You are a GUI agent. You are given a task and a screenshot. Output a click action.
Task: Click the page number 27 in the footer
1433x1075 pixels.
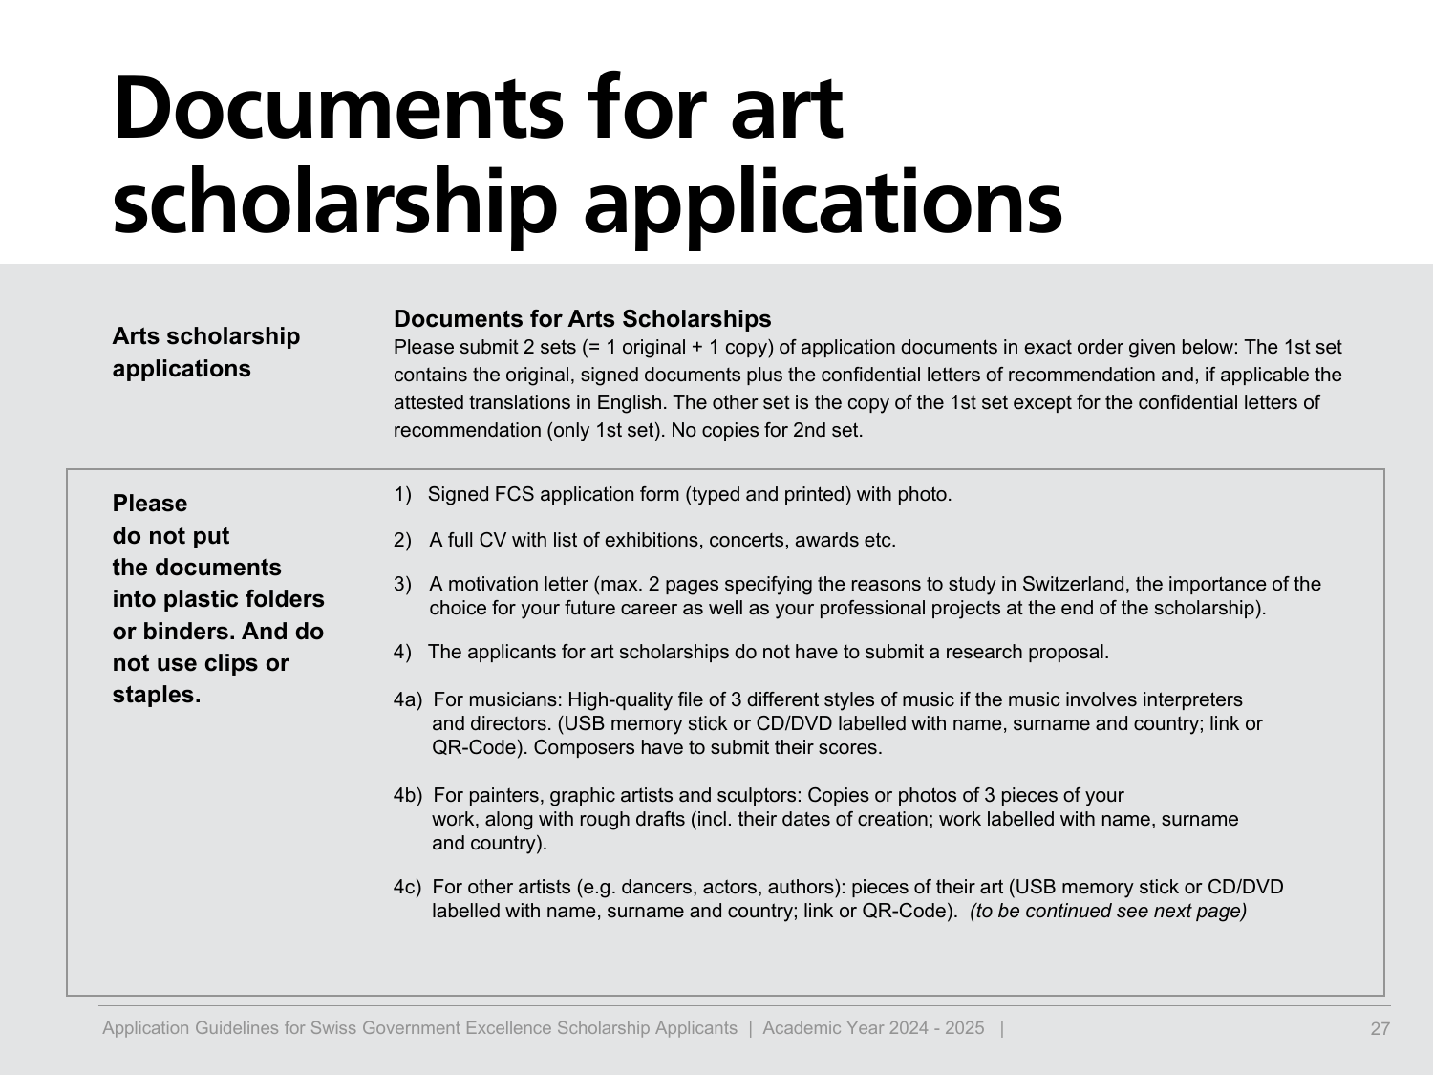1380,1029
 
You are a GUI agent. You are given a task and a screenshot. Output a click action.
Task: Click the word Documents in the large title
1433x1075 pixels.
337,108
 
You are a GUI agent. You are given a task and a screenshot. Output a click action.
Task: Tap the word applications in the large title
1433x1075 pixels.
823,203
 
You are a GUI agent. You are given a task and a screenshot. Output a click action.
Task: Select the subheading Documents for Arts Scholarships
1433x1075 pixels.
582,319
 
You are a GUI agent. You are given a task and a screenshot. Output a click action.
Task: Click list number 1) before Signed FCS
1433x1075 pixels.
402,495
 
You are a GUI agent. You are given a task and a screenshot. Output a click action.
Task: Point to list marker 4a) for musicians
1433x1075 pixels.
407,700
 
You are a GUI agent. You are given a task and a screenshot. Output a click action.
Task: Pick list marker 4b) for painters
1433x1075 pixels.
407,796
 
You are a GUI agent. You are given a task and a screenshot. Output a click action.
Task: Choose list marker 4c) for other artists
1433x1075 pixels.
407,888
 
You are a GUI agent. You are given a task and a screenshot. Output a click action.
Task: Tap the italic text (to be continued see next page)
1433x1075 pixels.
1108,912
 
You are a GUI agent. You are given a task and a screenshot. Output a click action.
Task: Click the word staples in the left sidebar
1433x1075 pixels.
156,695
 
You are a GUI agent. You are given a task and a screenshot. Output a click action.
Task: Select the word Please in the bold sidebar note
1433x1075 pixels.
150,504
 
